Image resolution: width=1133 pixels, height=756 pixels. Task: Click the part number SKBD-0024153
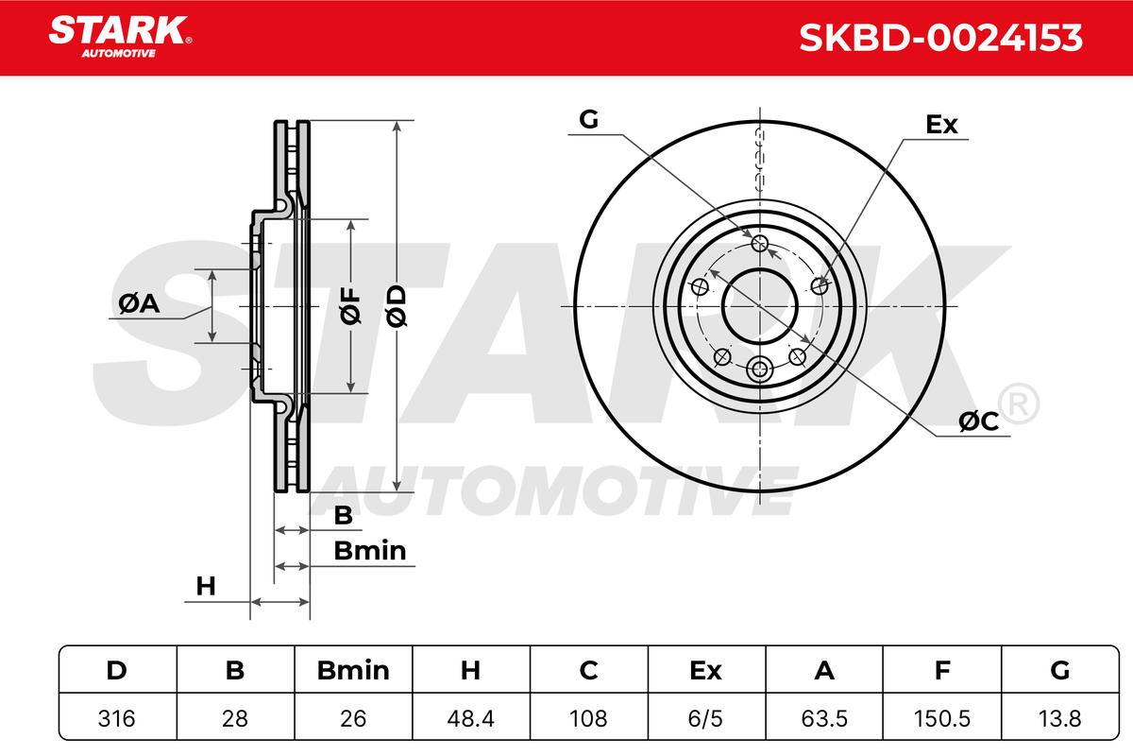pos(940,38)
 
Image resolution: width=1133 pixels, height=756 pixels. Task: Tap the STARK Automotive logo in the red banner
pos(120,37)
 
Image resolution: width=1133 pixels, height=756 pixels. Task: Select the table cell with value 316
pos(117,718)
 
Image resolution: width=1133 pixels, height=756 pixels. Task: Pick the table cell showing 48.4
pos(470,718)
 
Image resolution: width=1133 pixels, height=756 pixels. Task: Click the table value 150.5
pos(942,718)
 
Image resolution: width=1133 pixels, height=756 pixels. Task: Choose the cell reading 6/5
pos(705,718)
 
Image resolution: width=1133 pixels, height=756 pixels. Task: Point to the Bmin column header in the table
pos(353,670)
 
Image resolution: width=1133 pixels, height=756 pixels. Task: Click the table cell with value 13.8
pos(1059,718)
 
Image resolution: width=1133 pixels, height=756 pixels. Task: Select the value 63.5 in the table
pos(824,718)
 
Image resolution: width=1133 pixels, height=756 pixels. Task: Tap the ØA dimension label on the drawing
pos(139,304)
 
